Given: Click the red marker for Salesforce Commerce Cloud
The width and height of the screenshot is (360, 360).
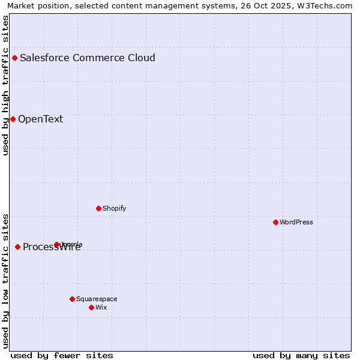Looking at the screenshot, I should [x=15, y=58].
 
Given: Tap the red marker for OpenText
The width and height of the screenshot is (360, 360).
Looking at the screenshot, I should [x=13, y=119].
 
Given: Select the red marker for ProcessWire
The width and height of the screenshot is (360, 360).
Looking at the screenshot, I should [x=17, y=247].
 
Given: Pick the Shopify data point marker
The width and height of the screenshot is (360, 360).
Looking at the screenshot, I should [x=98, y=208].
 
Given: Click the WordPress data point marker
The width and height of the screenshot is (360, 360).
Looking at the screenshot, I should [x=275, y=222].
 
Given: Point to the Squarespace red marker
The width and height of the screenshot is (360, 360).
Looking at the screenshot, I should [x=72, y=299].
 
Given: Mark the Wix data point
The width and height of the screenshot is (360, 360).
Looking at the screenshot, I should [x=91, y=307].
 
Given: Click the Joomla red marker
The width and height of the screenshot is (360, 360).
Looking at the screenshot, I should [x=57, y=244].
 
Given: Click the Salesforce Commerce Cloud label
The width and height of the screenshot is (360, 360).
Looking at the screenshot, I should [x=88, y=58].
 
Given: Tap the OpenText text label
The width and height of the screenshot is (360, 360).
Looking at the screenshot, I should [x=40, y=119].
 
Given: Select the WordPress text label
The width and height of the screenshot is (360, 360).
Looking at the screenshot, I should [x=296, y=222].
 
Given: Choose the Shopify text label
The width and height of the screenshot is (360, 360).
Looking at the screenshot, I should [x=115, y=208].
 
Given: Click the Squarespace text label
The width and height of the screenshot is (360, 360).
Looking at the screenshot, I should [x=97, y=299].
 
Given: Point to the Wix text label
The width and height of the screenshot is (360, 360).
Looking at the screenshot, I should [x=101, y=307].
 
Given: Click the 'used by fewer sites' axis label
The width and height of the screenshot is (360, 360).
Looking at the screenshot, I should [x=62, y=355].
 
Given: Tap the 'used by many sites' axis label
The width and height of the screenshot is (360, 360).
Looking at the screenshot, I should [x=301, y=355].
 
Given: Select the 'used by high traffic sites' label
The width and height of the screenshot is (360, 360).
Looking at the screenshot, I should [x=6, y=85].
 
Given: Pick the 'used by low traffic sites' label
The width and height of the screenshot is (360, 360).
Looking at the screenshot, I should [x=6, y=281].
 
